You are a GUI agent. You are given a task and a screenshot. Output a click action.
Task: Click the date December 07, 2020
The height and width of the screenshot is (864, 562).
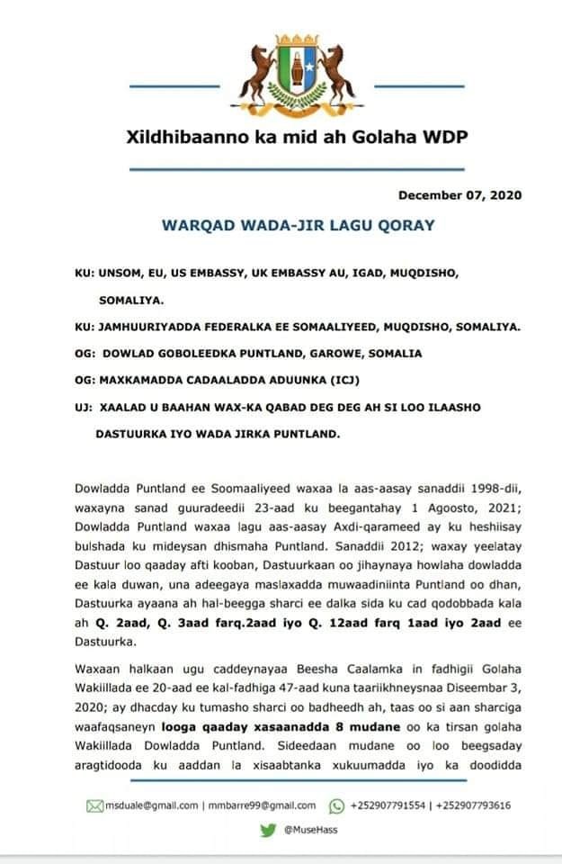pyautogui.click(x=459, y=195)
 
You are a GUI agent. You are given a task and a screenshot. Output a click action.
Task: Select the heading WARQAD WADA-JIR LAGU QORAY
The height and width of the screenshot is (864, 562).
pyautogui.click(x=298, y=225)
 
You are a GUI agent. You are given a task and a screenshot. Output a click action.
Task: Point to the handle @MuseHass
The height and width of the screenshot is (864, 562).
pyautogui.click(x=310, y=830)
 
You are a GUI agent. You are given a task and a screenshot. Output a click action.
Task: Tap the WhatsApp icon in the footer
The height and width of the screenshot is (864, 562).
pyautogui.click(x=337, y=805)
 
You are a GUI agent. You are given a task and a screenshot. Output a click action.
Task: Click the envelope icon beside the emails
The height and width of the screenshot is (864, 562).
pyautogui.click(x=94, y=805)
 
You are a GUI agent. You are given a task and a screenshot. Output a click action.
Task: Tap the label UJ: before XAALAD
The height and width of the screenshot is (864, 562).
pyautogui.click(x=84, y=408)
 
